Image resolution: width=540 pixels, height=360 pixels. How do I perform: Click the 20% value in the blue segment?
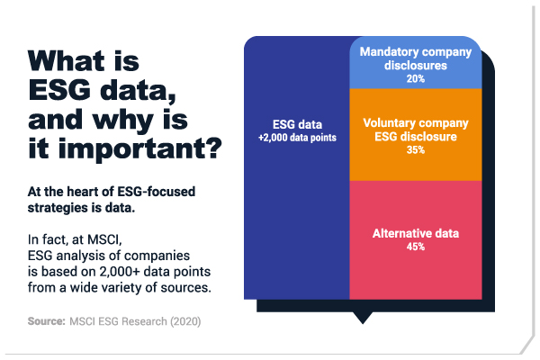coord(415,79)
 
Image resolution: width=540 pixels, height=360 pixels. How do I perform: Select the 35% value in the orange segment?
coord(415,150)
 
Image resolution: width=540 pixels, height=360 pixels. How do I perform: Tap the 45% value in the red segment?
coord(415,247)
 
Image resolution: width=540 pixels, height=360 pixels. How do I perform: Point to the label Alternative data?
coord(416,234)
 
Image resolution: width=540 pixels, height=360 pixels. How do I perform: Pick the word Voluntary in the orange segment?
coord(389,123)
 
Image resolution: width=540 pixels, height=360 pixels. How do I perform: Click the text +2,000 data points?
coord(297,138)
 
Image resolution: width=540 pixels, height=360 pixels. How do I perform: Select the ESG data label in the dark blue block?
coord(297,124)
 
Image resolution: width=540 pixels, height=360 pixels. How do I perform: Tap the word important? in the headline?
coord(140,148)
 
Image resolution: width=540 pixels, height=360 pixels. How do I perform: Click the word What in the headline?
coord(66,60)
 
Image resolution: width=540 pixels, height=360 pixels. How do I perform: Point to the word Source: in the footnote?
coord(47,321)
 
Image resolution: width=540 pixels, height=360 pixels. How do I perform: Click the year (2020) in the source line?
coord(185,321)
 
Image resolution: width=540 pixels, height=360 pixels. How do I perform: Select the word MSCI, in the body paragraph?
coord(104,239)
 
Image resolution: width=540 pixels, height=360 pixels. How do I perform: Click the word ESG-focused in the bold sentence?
coord(157,192)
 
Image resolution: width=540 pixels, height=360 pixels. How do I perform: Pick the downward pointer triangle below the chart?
coord(363,318)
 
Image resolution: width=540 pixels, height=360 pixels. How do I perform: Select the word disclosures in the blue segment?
coord(415,66)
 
